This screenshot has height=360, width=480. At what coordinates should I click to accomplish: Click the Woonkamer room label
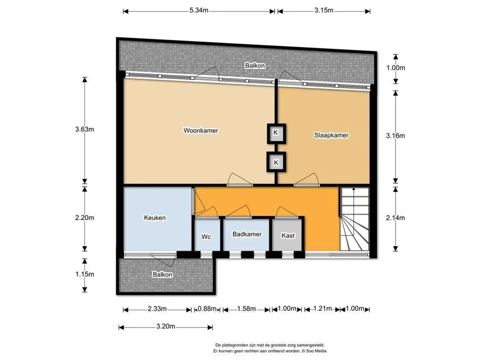point(201,130)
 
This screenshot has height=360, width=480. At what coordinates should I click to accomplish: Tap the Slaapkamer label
point(331,135)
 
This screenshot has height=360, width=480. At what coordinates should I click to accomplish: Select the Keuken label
point(155,217)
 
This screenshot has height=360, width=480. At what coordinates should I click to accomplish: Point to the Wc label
point(206,237)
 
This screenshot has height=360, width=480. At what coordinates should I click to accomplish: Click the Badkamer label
point(247,234)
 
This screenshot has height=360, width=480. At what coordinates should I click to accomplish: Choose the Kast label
point(288,235)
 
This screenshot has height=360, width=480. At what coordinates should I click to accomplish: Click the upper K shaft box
point(276,134)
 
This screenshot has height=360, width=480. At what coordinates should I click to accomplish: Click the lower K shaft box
point(276,162)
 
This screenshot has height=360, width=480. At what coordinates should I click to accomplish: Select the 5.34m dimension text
point(199,10)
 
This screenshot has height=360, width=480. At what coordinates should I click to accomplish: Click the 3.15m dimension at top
point(323,10)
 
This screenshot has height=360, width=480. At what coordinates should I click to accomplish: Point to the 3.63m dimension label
point(84,129)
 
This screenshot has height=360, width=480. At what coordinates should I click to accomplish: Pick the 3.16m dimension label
point(395,135)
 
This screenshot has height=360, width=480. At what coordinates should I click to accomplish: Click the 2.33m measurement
point(157,308)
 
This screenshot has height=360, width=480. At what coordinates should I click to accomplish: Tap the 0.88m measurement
point(207,308)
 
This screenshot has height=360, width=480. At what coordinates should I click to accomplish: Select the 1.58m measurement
point(247,308)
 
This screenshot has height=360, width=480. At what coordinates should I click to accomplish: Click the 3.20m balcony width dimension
point(165,326)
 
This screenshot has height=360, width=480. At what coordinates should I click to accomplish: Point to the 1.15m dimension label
point(84,274)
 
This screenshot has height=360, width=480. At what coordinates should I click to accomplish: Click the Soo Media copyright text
point(314,351)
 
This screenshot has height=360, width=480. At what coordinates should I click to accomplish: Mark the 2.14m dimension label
point(395,217)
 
